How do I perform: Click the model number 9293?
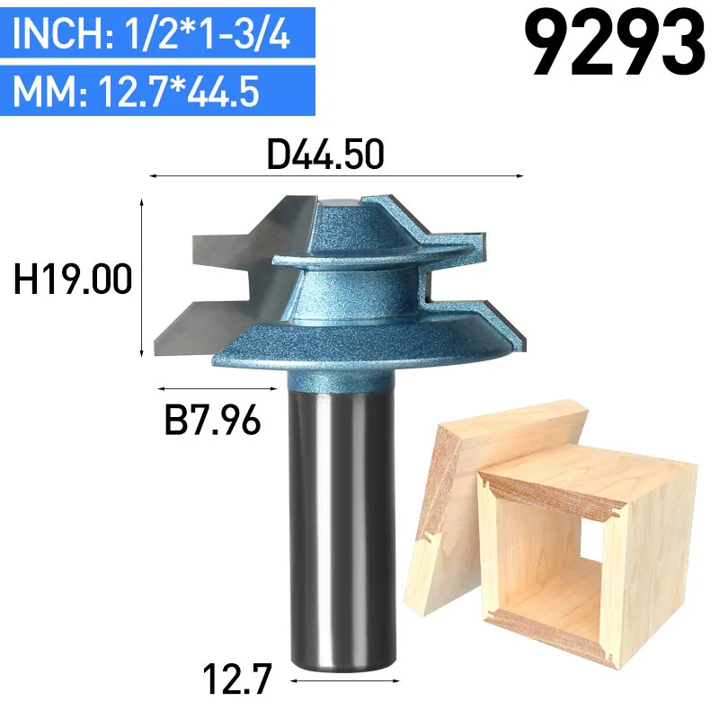pyautogui.click(x=615, y=43)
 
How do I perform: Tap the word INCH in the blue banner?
pyautogui.click(x=58, y=32)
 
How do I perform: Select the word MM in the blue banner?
pyautogui.click(x=44, y=91)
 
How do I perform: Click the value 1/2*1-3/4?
pyautogui.click(x=208, y=32)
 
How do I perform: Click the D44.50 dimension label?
pyautogui.click(x=325, y=155)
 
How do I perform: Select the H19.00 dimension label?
pyautogui.click(x=73, y=279)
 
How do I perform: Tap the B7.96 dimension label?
pyautogui.click(x=213, y=419)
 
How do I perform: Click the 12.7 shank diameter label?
pyautogui.click(x=237, y=679)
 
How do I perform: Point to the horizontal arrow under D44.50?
pyautogui.click(x=336, y=175)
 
